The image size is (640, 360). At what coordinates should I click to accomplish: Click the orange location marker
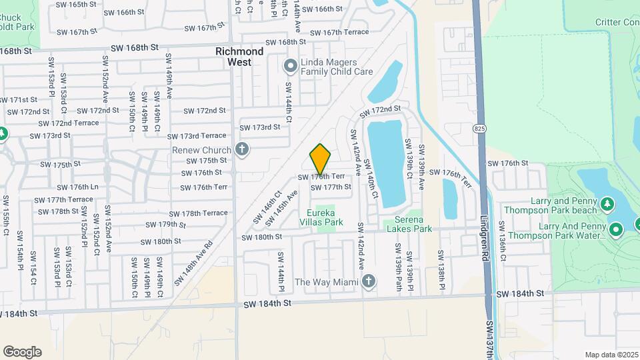321,159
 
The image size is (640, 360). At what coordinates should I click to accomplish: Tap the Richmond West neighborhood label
239,57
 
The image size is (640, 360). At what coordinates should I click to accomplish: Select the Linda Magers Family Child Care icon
290,65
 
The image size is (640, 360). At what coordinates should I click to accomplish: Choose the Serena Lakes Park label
409,223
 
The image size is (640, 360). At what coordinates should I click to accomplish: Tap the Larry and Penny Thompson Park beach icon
607,202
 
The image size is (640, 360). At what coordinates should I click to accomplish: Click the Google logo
22,351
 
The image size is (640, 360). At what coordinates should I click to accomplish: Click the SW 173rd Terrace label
199,135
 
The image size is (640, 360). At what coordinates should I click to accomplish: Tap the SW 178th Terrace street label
198,213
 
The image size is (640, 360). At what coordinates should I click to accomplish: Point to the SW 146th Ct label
268,208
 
